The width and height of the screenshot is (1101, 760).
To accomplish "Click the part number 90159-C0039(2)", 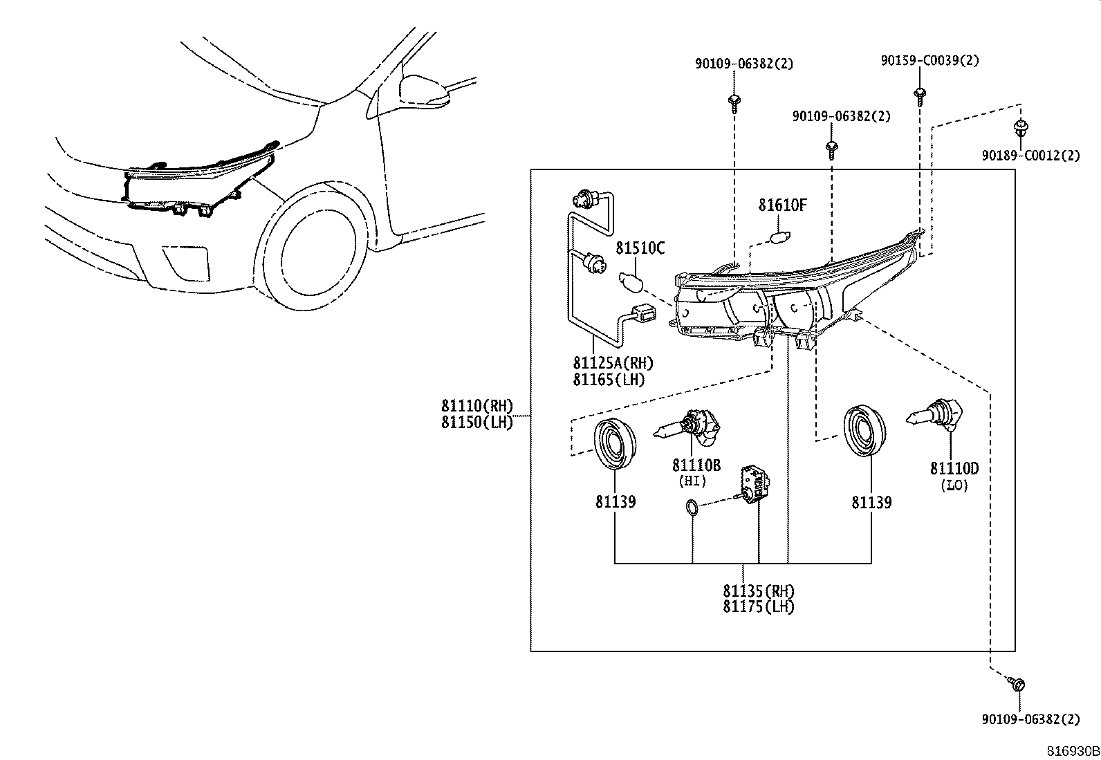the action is [x=930, y=60].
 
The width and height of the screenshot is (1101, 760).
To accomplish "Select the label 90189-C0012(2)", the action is [x=1031, y=156].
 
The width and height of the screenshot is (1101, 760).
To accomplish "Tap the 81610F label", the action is [x=782, y=205].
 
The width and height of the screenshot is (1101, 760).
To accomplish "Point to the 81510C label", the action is [x=640, y=248].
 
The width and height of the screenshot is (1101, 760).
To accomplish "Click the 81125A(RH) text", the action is [x=613, y=363].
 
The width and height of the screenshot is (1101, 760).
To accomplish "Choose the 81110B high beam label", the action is [x=696, y=465].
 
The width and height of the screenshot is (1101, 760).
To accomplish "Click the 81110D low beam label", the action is [x=954, y=468].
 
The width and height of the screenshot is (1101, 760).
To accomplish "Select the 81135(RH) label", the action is [x=759, y=591].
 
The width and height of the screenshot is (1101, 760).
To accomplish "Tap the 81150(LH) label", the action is [x=477, y=423].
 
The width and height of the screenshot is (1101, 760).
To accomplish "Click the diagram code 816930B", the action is [x=1073, y=751].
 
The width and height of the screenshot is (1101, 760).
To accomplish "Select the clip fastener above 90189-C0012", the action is [x=1021, y=128].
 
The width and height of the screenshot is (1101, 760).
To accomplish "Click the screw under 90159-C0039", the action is [x=920, y=96].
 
